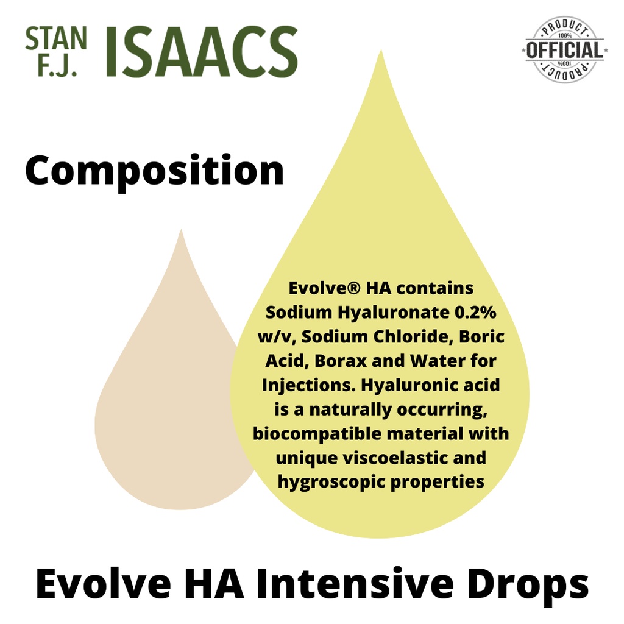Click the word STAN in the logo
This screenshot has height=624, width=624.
pyautogui.click(x=55, y=38)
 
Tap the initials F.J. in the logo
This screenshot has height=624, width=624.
pyautogui.click(x=57, y=65)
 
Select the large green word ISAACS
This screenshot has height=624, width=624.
pyautogui.click(x=202, y=52)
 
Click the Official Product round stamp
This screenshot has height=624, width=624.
pyautogui.click(x=564, y=50)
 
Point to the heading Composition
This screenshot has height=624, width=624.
pyautogui.click(x=154, y=171)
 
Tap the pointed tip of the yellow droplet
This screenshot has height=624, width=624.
pyautogui.click(x=381, y=50)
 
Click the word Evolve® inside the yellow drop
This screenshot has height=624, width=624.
pyautogui.click(x=324, y=288)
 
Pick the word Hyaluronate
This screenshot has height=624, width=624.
pyautogui.click(x=394, y=313)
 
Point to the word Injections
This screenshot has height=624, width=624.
pyautogui.click(x=309, y=386)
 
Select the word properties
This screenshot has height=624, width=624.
pyautogui.click(x=438, y=483)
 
